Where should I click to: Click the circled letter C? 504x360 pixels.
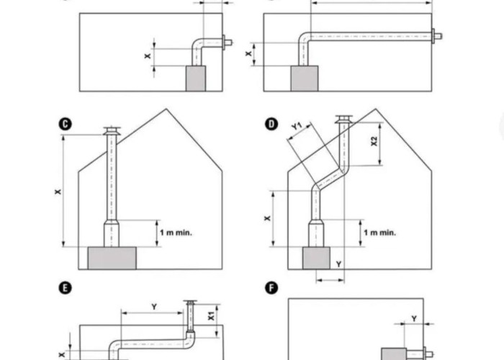[x=66, y=124]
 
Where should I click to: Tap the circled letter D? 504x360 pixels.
[x=271, y=124]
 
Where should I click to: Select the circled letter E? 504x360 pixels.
[x=66, y=288]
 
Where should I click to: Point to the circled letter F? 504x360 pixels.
[x=271, y=288]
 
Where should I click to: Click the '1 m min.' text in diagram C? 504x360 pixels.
[x=176, y=233]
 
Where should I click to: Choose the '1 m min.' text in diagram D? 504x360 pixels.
[x=380, y=233]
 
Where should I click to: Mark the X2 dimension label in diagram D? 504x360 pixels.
[x=374, y=141]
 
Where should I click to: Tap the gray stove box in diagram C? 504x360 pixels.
[x=112, y=258]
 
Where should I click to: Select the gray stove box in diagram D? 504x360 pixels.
[x=316, y=258]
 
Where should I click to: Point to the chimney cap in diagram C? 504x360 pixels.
[x=112, y=131]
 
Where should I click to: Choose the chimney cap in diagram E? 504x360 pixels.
[x=190, y=302]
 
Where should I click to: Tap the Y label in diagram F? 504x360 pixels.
[x=413, y=318]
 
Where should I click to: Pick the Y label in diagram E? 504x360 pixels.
[x=153, y=307]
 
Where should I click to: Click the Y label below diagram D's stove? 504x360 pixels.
[x=338, y=265]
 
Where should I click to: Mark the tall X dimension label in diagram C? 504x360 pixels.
[x=58, y=192]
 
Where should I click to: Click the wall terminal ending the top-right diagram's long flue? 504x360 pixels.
[x=436, y=35]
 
